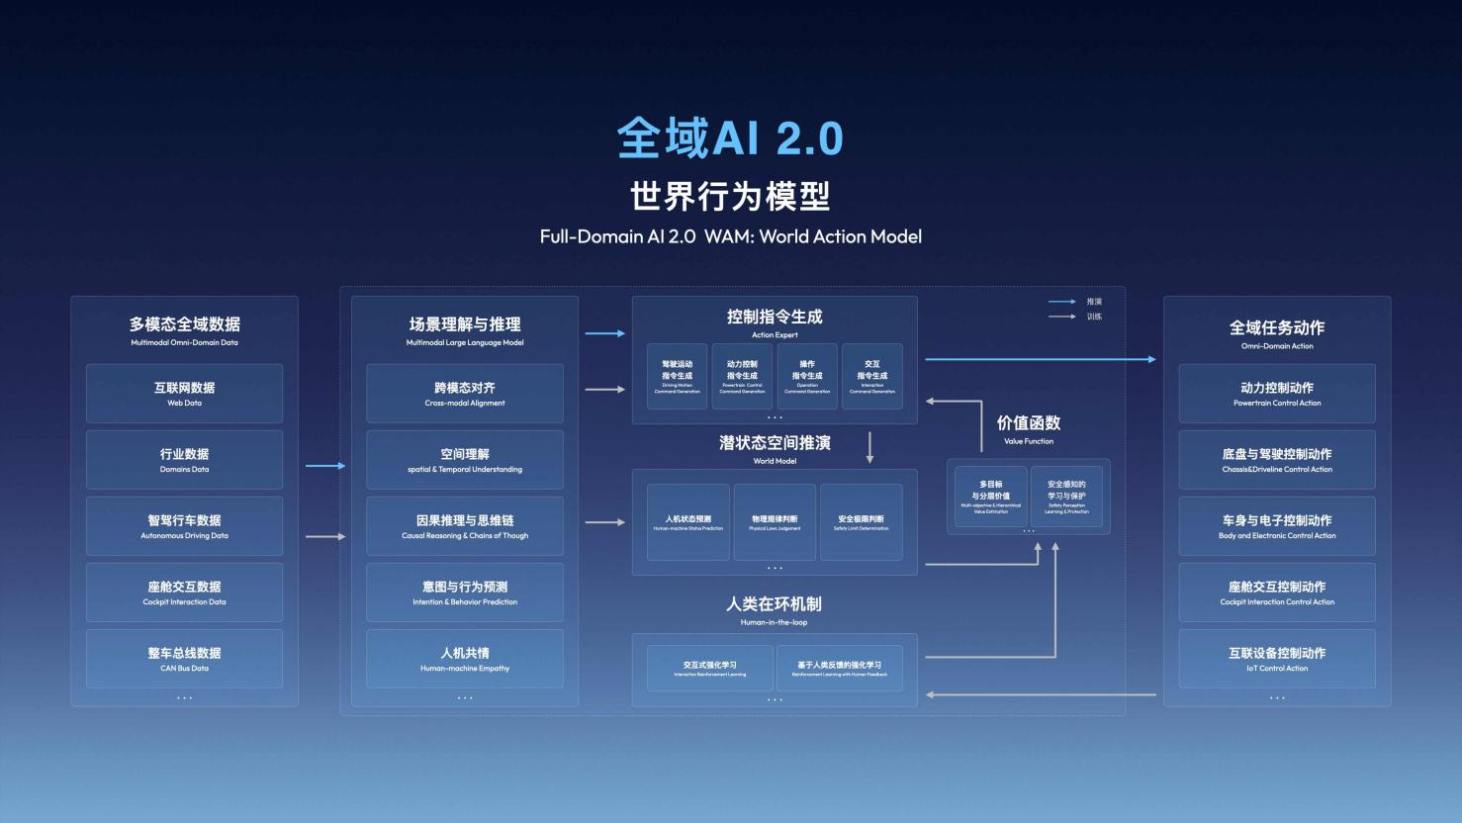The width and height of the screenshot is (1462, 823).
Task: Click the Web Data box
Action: (x=184, y=394)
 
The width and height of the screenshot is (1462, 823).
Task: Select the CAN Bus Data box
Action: (x=184, y=659)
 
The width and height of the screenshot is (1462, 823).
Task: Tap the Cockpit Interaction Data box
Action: (x=184, y=593)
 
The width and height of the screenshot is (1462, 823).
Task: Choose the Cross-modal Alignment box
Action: (x=465, y=394)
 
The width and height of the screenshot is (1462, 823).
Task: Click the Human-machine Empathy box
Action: (x=465, y=659)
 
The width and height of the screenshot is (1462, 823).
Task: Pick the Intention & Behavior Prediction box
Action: (x=465, y=593)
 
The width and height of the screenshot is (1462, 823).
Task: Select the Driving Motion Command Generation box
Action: (x=678, y=377)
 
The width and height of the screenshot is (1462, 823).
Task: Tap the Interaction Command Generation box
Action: (x=872, y=377)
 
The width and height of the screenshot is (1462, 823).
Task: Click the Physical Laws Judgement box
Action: (x=775, y=522)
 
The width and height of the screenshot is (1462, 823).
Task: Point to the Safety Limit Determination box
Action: (x=861, y=522)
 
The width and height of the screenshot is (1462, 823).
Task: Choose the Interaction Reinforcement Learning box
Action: (x=710, y=669)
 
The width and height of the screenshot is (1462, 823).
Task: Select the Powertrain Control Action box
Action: (x=1277, y=394)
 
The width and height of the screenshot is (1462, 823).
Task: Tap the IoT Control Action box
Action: (x=1277, y=659)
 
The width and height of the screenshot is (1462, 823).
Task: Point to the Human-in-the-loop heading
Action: (x=775, y=609)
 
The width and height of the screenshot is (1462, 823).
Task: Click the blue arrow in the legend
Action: (x=1061, y=302)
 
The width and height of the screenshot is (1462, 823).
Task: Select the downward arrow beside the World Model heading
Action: (x=870, y=447)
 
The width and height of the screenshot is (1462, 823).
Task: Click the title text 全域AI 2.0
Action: (x=730, y=138)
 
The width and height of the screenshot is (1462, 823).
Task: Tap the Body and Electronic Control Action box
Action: (x=1277, y=526)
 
